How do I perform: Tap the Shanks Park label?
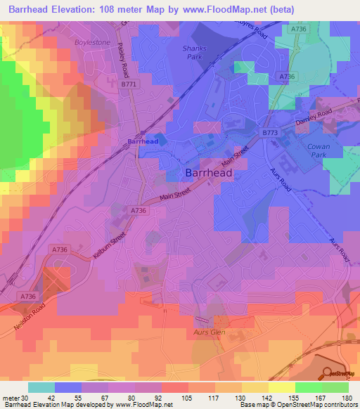point(193,52)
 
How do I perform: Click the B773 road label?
point(271,131)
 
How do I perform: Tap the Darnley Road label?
point(313,116)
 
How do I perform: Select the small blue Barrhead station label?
point(143,141)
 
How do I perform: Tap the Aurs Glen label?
point(207,330)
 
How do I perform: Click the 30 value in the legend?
point(25,398)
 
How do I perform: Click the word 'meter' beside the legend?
point(11,398)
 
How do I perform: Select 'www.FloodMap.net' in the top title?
point(222,9)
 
